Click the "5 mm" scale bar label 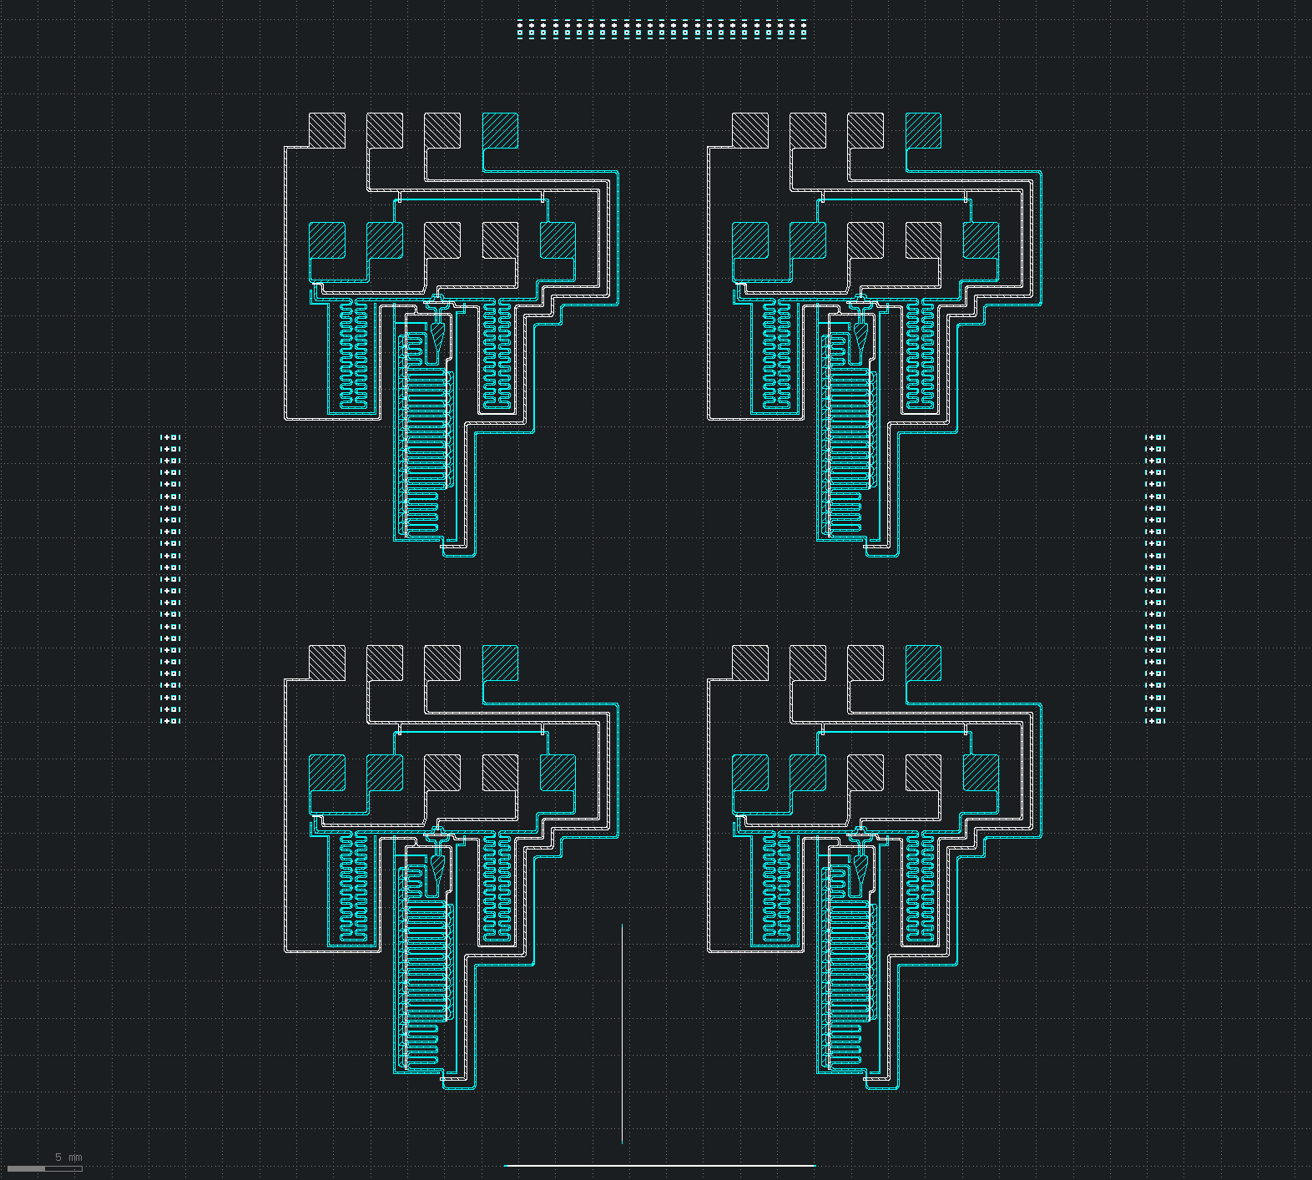[x=68, y=1157]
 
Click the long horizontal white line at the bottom [x=659, y=1166]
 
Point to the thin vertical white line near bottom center [x=622, y=1033]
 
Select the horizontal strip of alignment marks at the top [x=662, y=29]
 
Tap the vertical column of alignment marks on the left [x=170, y=578]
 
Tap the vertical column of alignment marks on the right [x=1155, y=578]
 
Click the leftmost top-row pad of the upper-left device [x=327, y=131]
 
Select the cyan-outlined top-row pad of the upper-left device [x=501, y=131]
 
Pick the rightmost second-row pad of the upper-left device [x=558, y=240]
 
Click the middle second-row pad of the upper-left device [x=442, y=240]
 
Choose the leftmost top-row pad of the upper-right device [x=750, y=131]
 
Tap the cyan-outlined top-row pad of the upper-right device [x=924, y=131]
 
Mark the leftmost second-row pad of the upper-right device [x=750, y=240]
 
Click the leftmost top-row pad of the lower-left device [x=327, y=663]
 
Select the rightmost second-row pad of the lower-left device [x=558, y=773]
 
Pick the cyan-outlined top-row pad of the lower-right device [x=924, y=663]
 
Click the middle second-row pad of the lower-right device [x=865, y=773]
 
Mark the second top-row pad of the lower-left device [x=385, y=663]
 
